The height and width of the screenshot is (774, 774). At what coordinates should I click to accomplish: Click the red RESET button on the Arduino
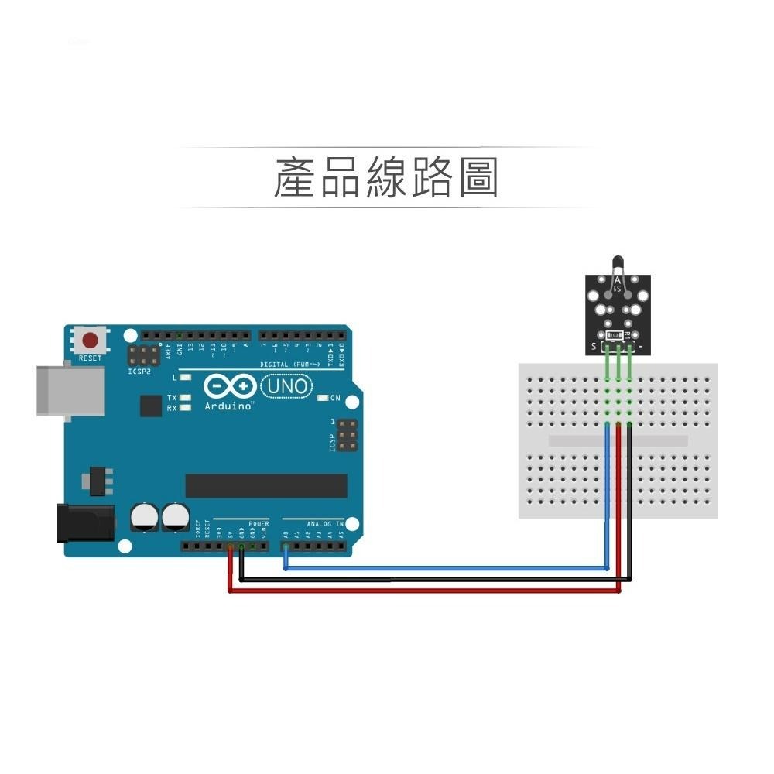(91, 341)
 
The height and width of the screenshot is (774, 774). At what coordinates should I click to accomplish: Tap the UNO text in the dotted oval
(287, 385)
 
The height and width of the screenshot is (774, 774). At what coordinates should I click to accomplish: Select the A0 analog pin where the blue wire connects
(286, 546)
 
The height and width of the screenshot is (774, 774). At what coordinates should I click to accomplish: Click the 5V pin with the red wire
(230, 546)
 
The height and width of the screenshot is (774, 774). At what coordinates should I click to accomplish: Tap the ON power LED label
(335, 398)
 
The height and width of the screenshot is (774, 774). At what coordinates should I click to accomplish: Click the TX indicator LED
(185, 397)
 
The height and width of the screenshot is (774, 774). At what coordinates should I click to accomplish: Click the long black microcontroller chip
(265, 485)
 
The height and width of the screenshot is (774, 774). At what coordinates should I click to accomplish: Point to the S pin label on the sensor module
(594, 345)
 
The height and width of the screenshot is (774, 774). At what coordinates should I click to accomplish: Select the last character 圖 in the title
(477, 178)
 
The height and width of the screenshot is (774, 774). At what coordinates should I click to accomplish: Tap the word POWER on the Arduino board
(259, 524)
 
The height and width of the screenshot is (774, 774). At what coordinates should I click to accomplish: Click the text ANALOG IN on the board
(324, 524)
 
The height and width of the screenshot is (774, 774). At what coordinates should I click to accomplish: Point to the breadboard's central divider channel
(617, 440)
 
